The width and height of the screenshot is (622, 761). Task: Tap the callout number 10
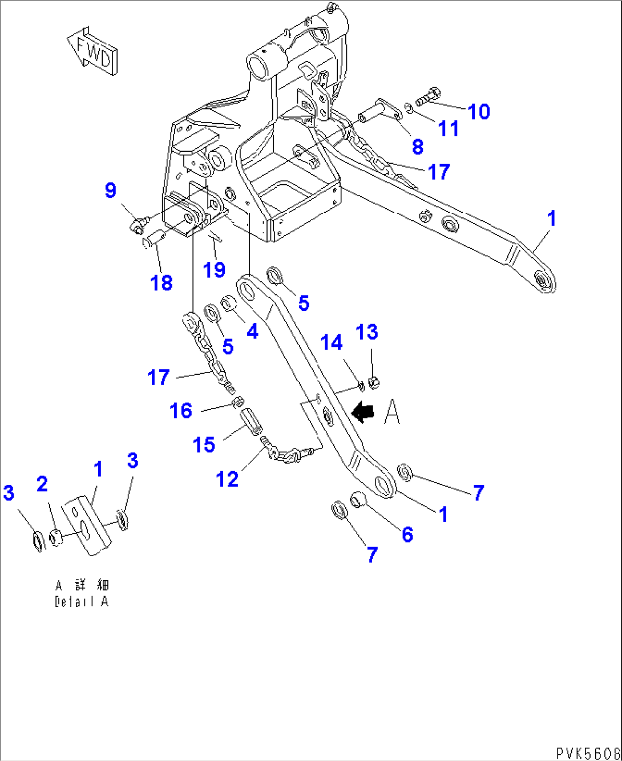click(479, 112)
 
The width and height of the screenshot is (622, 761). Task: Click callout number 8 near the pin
click(418, 147)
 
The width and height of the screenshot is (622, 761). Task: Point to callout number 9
click(110, 190)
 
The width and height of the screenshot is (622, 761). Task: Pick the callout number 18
click(161, 282)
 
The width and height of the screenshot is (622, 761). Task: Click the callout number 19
click(215, 270)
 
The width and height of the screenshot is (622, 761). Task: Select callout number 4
click(252, 331)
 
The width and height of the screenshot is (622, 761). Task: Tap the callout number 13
click(367, 332)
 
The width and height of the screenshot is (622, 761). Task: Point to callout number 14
click(332, 343)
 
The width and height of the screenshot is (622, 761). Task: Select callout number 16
click(181, 410)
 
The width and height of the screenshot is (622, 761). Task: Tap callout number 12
click(227, 479)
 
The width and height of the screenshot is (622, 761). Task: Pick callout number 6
click(407, 534)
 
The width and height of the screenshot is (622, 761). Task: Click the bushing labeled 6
click(357, 499)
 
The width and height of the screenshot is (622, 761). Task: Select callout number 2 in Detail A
click(42, 484)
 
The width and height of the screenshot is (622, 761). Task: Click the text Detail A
click(82, 601)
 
